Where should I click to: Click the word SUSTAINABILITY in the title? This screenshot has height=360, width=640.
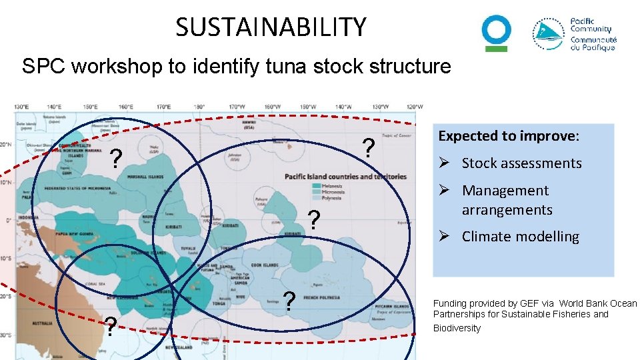[271, 27]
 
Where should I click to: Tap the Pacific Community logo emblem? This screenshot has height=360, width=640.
[549, 34]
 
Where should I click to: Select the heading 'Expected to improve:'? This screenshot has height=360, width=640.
[509, 136]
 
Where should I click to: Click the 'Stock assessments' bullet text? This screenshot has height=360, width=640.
[521, 163]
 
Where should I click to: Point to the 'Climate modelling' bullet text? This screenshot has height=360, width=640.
[520, 237]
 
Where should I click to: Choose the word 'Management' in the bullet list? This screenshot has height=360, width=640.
[505, 191]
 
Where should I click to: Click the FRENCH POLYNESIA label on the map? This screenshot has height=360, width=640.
[321, 298]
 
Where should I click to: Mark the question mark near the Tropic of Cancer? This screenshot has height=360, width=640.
[367, 147]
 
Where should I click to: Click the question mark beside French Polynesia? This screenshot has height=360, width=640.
[289, 301]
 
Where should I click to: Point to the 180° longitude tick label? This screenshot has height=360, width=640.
[199, 107]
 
